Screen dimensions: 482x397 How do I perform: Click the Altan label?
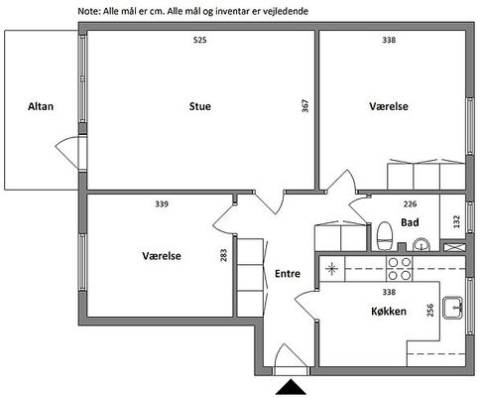click(41, 106)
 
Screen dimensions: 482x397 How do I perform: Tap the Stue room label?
click(199, 106)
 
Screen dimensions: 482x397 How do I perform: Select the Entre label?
click(288, 274)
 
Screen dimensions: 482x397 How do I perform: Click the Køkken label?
click(389, 312)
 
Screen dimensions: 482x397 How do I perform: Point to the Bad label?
click(410, 222)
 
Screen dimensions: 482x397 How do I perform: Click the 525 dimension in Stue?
click(199, 40)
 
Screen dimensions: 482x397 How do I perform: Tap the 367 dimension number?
click(305, 106)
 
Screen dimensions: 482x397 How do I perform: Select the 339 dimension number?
click(162, 203)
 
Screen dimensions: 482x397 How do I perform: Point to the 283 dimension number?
click(224, 255)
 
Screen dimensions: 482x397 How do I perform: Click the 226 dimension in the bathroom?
click(410, 203)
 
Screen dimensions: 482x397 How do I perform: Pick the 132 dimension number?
click(456, 221)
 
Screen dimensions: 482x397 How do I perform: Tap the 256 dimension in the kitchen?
click(430, 310)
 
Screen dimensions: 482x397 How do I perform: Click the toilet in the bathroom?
click(384, 236)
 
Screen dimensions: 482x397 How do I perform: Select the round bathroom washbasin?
click(422, 244)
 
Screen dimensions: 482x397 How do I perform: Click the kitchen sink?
click(452, 308)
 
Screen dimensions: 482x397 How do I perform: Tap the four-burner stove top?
click(400, 269)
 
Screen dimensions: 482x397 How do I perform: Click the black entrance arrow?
click(291, 387)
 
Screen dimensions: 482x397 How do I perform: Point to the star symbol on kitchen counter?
click(331, 269)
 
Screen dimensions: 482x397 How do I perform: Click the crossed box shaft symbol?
click(453, 247)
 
